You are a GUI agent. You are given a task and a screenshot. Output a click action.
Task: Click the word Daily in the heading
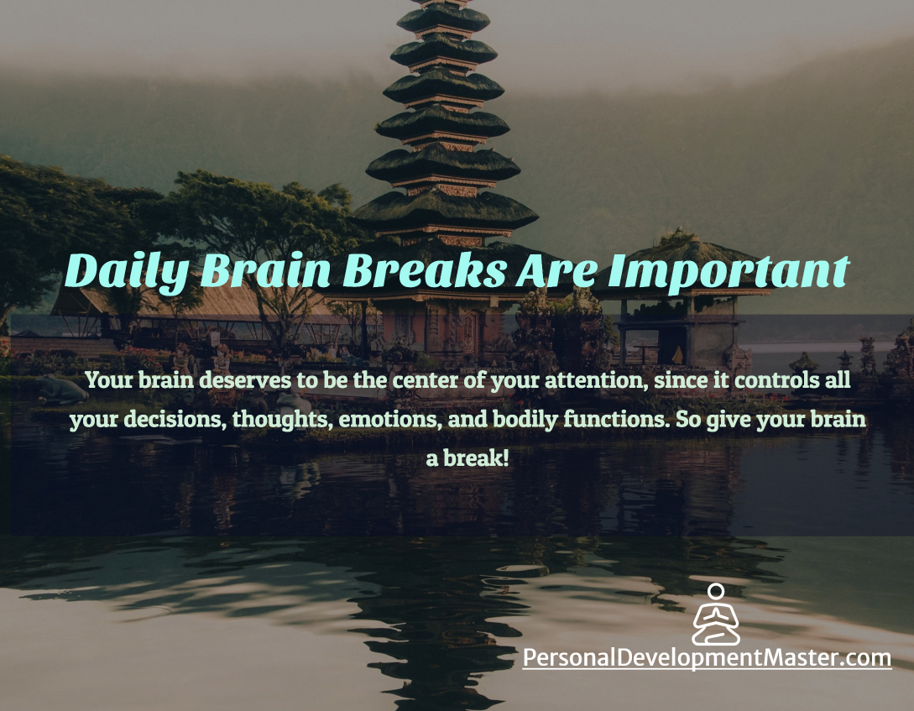126,272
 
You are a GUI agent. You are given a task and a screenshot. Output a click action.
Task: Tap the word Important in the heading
728,272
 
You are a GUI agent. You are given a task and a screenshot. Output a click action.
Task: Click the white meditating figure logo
716,614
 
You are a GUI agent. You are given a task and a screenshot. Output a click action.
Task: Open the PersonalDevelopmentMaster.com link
707,658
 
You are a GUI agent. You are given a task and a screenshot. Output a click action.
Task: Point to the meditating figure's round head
716,591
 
